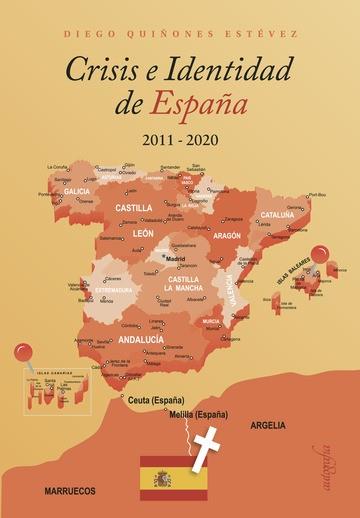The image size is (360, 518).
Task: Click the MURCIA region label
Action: (x=211, y=321)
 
